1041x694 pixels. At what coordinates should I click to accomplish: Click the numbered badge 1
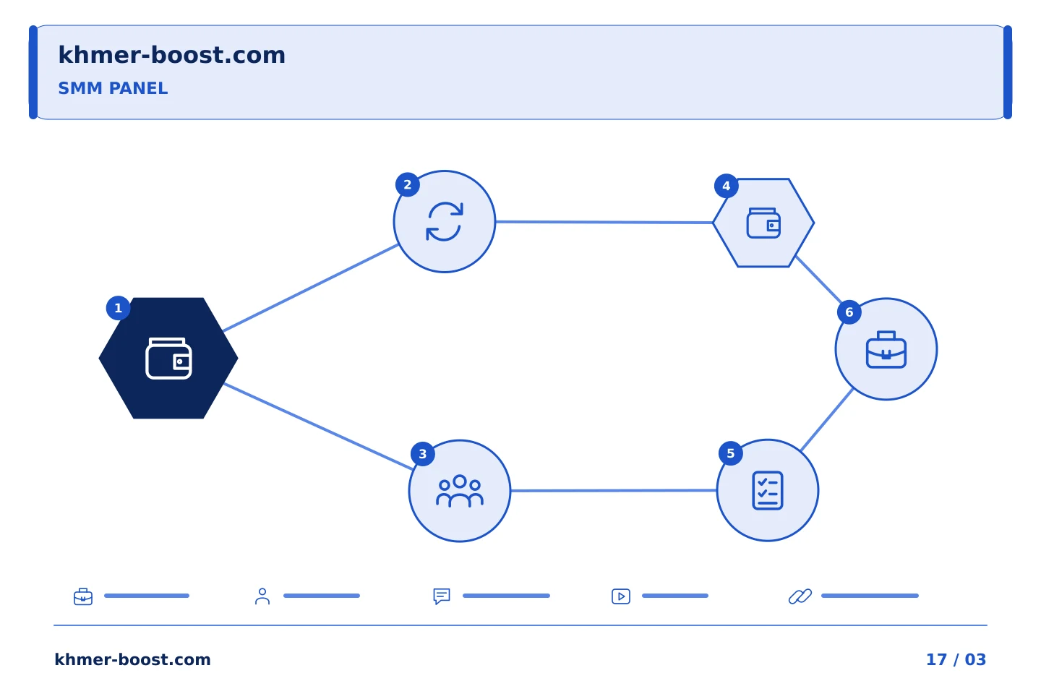click(118, 308)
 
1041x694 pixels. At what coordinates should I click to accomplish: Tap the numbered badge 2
click(408, 184)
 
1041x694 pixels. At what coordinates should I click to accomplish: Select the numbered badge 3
click(422, 454)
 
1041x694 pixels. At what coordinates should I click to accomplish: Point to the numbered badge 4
click(726, 186)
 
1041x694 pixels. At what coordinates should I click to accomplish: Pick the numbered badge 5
click(731, 453)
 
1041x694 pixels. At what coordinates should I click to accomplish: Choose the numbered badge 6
click(849, 312)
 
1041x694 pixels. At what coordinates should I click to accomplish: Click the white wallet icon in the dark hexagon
click(168, 359)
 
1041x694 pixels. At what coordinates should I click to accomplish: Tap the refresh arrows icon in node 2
click(445, 222)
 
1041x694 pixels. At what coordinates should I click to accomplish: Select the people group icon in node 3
click(460, 490)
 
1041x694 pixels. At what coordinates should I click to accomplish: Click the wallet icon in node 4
click(763, 223)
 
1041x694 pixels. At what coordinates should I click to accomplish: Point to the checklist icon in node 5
click(768, 490)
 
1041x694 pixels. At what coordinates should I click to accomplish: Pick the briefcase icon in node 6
click(886, 350)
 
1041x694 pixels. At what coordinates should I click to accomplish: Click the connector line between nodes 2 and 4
click(604, 222)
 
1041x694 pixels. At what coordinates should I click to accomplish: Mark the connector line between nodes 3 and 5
click(614, 490)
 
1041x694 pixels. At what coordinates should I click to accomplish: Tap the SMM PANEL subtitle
click(113, 88)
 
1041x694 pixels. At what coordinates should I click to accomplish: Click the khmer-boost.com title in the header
click(171, 55)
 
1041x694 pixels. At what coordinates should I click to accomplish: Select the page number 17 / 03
click(956, 659)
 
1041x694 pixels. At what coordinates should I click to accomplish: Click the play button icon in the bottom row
click(621, 596)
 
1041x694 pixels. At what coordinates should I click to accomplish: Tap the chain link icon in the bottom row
click(800, 596)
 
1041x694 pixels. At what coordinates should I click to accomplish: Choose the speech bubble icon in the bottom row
click(442, 596)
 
